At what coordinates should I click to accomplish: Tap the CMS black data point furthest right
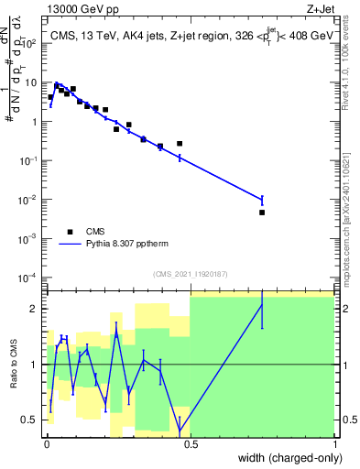(262, 213)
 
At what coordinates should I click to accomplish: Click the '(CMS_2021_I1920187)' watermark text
(191, 273)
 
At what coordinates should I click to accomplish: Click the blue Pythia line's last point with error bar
(262, 200)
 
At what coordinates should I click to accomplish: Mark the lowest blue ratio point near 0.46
(180, 424)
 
